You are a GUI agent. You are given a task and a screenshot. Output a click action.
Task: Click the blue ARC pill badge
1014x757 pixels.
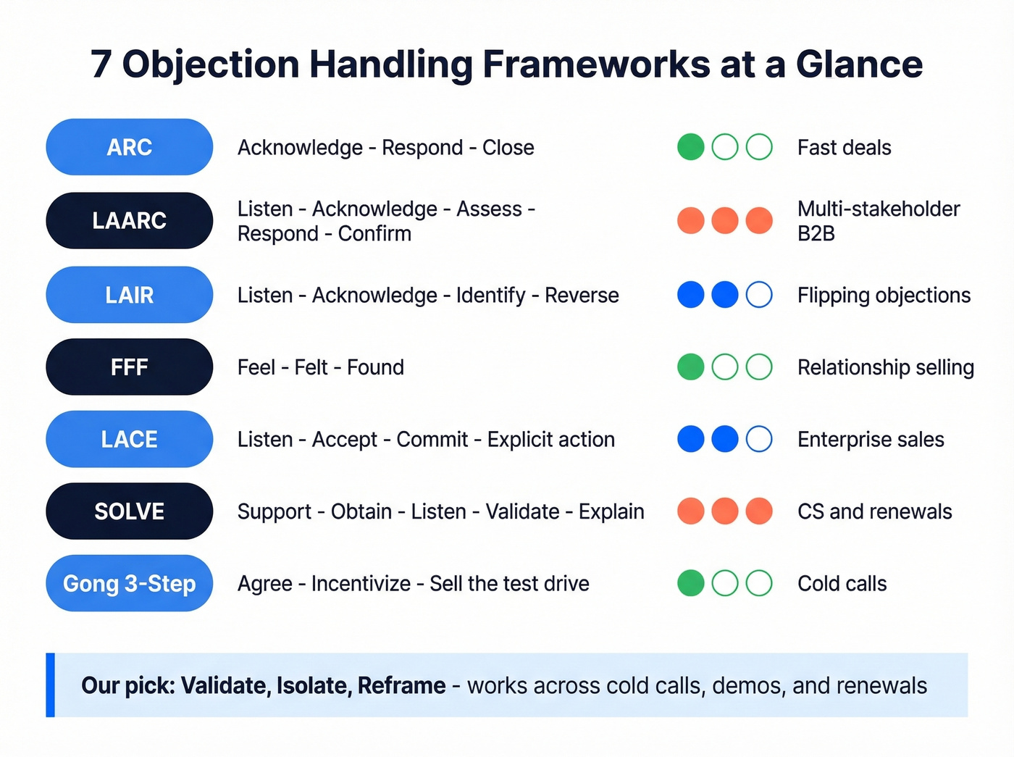click(129, 147)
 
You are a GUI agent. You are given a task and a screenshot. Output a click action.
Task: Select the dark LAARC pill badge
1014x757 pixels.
click(129, 220)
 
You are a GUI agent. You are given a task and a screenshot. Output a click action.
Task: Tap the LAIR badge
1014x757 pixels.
click(129, 295)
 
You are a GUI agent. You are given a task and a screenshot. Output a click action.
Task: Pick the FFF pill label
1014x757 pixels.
click(129, 367)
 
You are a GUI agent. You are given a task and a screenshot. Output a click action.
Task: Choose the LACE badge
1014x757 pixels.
click(129, 439)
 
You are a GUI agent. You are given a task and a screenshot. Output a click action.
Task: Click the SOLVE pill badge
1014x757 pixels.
click(129, 511)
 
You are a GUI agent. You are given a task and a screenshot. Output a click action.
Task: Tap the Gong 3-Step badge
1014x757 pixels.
click(129, 583)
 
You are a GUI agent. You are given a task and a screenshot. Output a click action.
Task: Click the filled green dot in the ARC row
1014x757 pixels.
click(690, 147)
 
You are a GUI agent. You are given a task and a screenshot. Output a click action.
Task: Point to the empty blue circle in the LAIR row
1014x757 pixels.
click(759, 295)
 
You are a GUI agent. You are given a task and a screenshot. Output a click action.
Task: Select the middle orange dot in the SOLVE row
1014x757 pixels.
click(724, 511)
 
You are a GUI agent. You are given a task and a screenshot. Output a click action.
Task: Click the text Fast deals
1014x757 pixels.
click(844, 148)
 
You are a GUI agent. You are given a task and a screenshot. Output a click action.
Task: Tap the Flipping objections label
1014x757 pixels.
click(884, 296)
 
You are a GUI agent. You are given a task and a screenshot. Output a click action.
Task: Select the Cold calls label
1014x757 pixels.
click(842, 584)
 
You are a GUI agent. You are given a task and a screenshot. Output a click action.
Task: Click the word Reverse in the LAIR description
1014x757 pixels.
click(582, 296)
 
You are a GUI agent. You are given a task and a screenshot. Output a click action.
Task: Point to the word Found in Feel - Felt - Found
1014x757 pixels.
click(375, 367)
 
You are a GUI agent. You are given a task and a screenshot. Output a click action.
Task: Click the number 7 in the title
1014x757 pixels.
click(101, 64)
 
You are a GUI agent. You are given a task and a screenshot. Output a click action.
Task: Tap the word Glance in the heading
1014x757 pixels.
click(859, 64)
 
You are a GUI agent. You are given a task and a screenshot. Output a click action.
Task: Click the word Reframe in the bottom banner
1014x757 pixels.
click(401, 685)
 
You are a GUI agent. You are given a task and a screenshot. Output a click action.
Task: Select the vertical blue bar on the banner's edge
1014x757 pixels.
click(50, 685)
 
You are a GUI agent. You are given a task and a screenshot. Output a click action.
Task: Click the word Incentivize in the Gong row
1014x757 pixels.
click(361, 584)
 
